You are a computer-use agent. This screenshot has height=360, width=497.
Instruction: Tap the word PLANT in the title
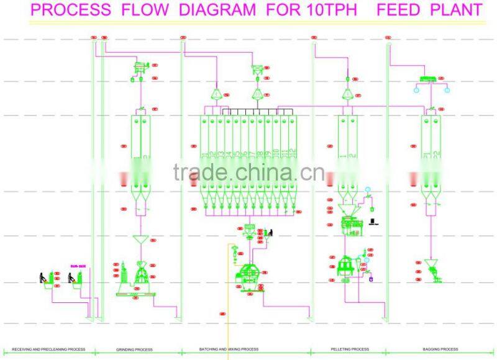pos(456,10)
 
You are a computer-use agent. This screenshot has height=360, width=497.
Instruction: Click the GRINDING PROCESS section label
pos(135,349)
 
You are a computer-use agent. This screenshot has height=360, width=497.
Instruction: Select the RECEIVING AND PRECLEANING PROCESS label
pos(48,349)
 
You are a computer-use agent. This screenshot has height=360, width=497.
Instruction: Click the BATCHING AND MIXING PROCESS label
pos(229,349)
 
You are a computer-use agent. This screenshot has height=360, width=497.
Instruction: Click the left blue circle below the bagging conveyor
pos(417,90)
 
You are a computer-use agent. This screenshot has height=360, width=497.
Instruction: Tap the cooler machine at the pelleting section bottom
pos(344,267)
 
